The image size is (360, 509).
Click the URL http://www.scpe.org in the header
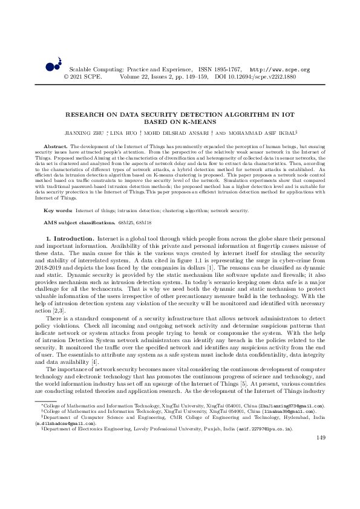[x=280, y=70]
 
